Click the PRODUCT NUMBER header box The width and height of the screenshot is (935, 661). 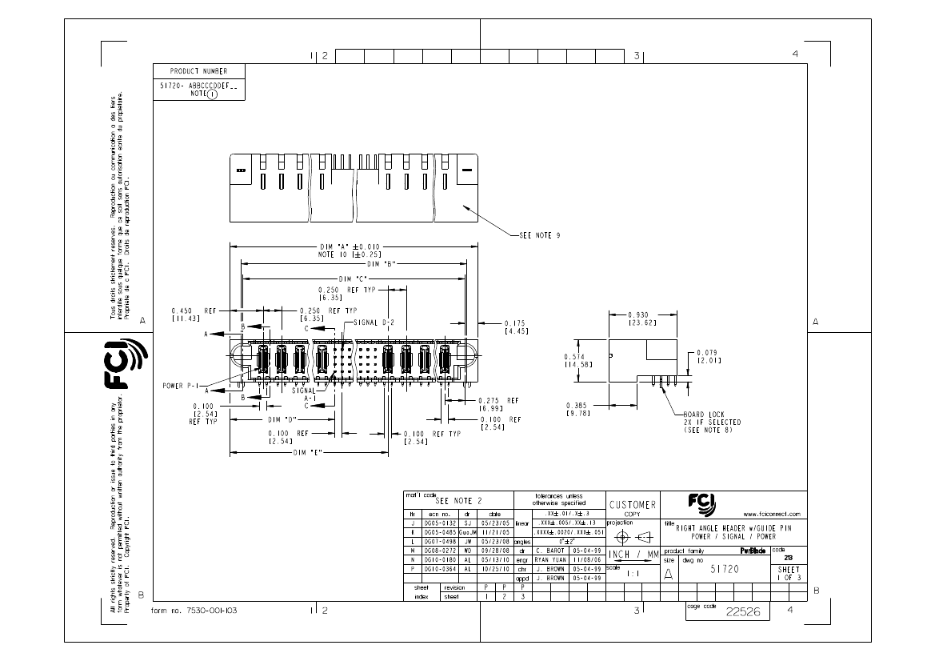[198, 71]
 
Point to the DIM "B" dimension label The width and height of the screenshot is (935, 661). [381, 262]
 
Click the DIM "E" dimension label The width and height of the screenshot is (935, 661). [308, 452]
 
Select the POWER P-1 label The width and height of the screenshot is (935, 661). [180, 384]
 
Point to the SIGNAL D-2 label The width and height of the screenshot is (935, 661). [374, 322]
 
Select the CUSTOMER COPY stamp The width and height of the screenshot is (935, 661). [633, 507]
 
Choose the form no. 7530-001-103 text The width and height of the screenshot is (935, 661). [194, 610]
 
